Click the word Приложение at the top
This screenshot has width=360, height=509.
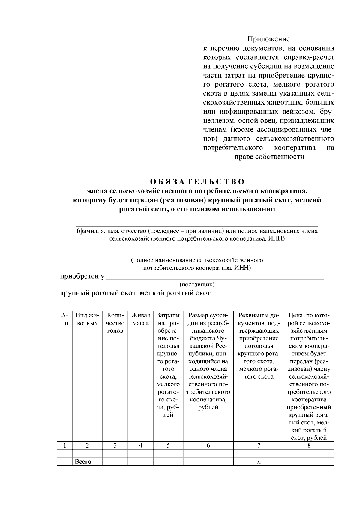point(268,39)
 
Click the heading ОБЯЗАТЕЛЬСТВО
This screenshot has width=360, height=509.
point(197,182)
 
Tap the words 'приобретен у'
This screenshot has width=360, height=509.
point(82,277)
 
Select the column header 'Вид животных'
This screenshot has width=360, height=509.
point(87,319)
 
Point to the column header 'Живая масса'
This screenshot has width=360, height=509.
point(140,319)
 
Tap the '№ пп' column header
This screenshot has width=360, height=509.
point(64,319)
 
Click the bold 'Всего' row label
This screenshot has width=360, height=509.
point(83,462)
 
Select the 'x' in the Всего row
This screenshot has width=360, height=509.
point(259,462)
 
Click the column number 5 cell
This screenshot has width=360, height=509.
point(168,446)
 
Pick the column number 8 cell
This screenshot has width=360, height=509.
point(309,446)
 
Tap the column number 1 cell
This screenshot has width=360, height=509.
point(64,446)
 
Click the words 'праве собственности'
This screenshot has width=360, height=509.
point(269,157)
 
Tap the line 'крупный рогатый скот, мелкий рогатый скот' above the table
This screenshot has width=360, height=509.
point(135,293)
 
